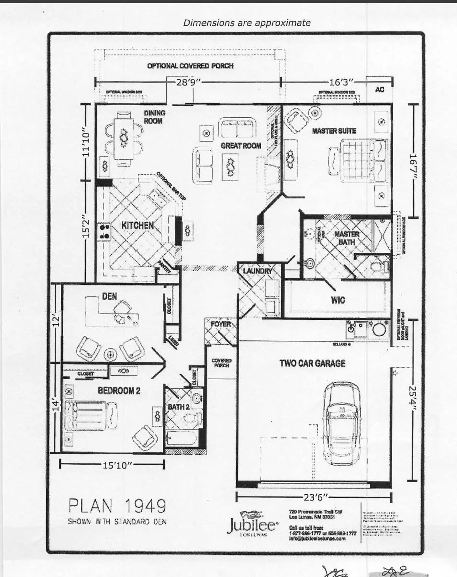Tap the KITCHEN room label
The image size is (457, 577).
click(138, 225)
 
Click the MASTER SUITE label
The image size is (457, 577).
click(334, 131)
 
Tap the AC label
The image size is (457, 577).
click(379, 90)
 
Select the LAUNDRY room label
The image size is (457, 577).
click(257, 271)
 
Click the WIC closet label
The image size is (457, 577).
click(338, 300)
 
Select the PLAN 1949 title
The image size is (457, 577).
click(117, 506)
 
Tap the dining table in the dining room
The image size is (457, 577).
click(124, 137)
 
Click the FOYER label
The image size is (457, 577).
click(221, 324)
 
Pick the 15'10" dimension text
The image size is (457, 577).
click(117, 465)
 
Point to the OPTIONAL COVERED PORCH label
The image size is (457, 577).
click(190, 66)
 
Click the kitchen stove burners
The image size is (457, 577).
click(104, 230)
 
